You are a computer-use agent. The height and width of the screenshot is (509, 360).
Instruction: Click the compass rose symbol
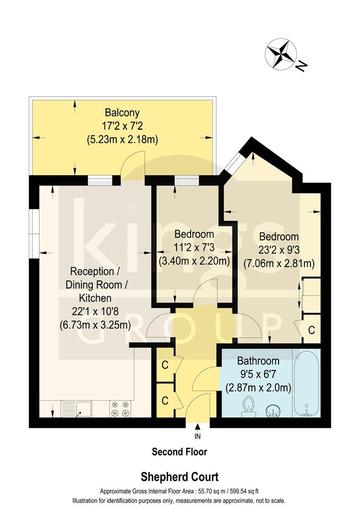tap(281, 55)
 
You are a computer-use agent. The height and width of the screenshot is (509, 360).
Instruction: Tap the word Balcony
tap(122, 113)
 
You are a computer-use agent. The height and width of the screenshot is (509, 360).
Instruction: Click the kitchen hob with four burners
tap(120, 408)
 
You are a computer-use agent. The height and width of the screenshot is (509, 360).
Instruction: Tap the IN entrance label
tap(197, 436)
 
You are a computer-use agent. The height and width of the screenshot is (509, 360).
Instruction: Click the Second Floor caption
tap(180, 452)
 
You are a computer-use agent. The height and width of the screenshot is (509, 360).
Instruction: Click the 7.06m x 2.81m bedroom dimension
tap(278, 263)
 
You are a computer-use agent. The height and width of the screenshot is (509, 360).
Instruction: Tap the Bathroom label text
tap(258, 361)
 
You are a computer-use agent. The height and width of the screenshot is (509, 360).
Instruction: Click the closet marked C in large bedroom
tap(311, 330)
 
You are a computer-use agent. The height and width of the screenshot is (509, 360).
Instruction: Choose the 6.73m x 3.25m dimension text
tap(95, 325)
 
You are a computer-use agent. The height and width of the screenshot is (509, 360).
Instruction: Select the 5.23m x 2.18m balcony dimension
tap(122, 140)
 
